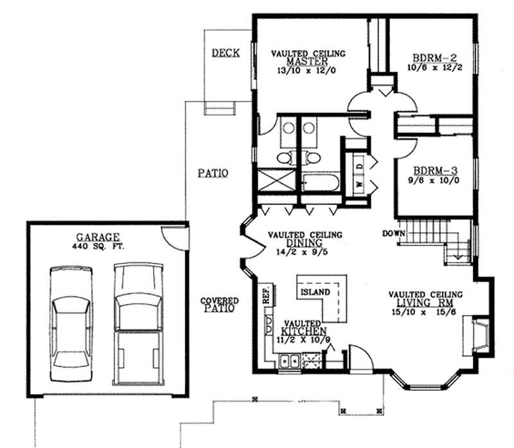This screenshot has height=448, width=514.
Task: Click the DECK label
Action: point(225,53)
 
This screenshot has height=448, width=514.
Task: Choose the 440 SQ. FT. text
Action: point(106,246)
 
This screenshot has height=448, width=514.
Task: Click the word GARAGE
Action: point(106,237)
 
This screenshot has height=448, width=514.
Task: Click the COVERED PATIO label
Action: point(219,304)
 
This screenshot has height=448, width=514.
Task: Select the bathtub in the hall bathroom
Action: point(318,183)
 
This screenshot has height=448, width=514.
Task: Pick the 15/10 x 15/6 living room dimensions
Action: point(425,312)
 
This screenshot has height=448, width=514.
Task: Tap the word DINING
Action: point(305,244)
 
